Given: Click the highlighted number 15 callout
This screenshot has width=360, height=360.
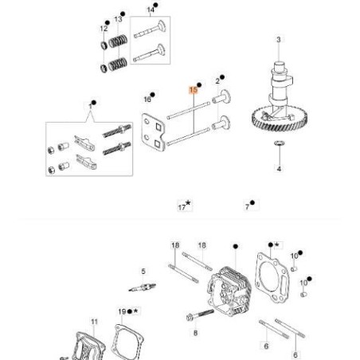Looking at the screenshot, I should click(193, 91).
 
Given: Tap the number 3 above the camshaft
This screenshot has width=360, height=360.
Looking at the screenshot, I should click(278, 39).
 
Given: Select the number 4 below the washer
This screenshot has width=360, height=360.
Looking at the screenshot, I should click(279, 170).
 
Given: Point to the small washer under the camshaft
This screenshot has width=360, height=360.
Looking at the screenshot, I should click(278, 143).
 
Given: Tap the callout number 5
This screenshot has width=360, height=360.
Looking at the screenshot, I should click(143, 272).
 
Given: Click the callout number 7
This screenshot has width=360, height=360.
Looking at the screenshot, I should click(249, 205).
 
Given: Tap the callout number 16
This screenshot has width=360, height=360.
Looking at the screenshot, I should click(147, 99).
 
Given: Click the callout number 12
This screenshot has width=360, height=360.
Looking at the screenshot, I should click(104, 28).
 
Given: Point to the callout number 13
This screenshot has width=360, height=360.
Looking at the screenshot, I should click(119, 18).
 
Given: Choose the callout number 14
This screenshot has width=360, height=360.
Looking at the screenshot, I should click(151, 9).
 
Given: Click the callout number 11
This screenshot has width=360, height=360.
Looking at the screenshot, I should click(94, 323).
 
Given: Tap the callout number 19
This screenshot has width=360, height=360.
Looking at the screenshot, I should click(122, 311).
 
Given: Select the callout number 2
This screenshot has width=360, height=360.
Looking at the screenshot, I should click(217, 80).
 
